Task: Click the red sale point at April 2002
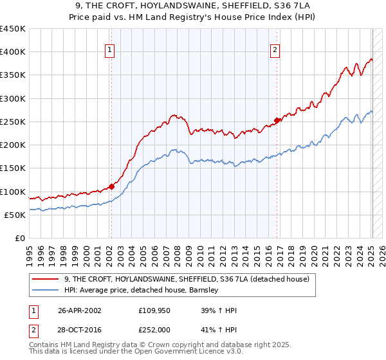pyautogui.click(x=111, y=186)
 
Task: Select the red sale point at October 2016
pyautogui.click(x=277, y=120)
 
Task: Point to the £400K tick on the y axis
pyautogui.click(x=13, y=52)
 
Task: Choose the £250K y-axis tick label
pyautogui.click(x=13, y=122)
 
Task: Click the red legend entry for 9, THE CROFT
pyautogui.click(x=187, y=279)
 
